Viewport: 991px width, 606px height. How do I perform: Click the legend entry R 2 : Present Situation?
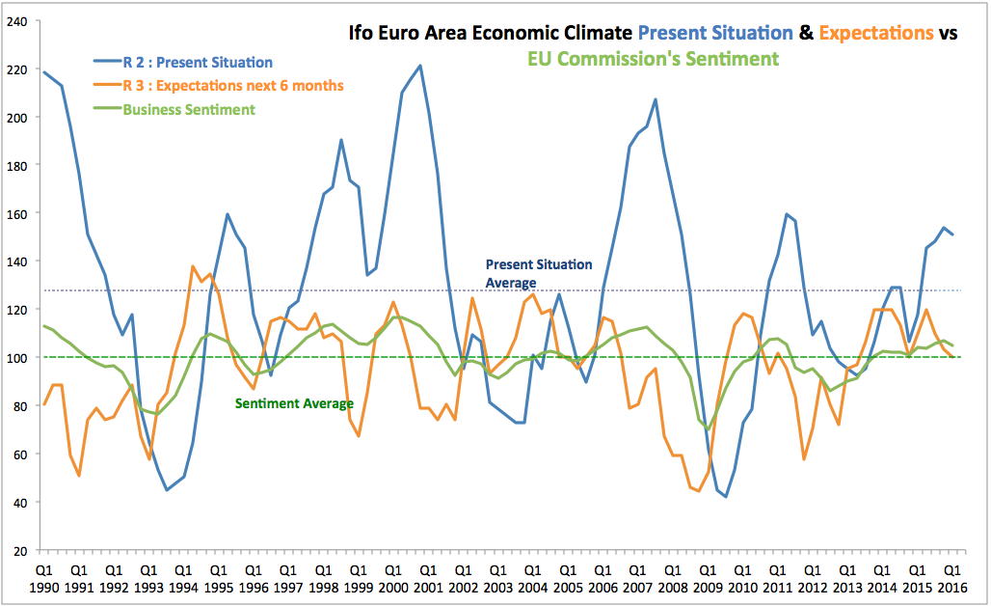tap(198, 63)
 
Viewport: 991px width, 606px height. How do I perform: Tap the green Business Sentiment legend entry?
tap(189, 109)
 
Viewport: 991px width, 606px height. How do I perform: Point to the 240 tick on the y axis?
tap(18, 20)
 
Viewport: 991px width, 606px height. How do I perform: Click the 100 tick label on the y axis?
tap(18, 357)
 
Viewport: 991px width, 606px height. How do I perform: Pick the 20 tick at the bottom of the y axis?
tap(21, 550)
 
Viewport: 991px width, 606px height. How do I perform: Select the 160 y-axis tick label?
tap(18, 212)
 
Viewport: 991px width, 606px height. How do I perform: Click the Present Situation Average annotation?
tap(538, 273)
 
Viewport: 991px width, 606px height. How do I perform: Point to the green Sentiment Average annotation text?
tap(293, 403)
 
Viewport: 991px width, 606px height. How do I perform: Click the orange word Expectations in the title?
tap(875, 33)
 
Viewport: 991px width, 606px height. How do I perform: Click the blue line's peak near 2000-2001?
tap(419, 66)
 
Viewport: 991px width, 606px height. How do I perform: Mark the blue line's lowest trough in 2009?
tap(725, 496)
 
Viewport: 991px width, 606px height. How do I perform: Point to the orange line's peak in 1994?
tap(193, 266)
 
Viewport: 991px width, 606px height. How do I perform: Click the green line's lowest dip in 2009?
tap(708, 429)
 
